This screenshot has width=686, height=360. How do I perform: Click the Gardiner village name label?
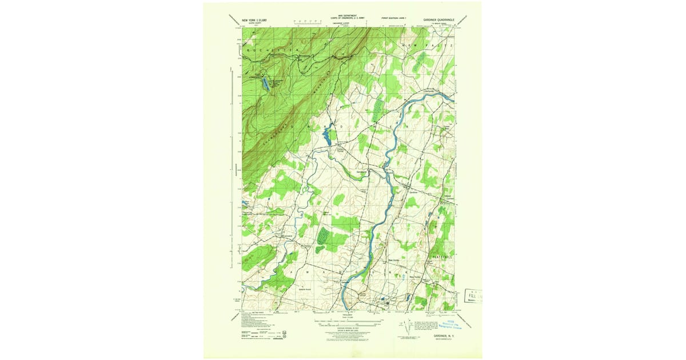[414, 192]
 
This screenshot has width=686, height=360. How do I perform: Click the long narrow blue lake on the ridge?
[266, 85]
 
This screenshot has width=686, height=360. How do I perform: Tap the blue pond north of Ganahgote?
[327, 137]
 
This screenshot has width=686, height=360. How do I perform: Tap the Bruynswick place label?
[288, 234]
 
